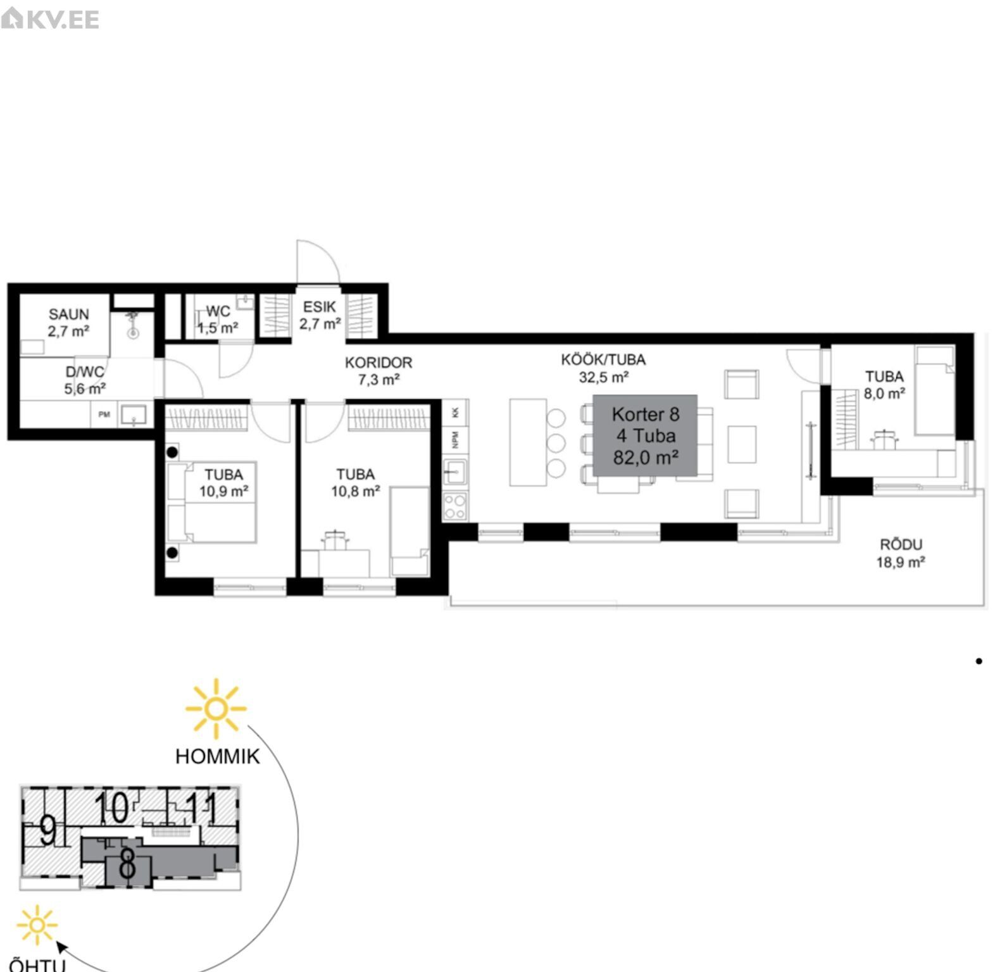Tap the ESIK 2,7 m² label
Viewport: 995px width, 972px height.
point(320,315)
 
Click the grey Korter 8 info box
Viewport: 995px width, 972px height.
point(645,435)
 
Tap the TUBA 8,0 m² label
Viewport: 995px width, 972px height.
point(884,385)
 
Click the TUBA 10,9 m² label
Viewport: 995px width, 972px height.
point(223,482)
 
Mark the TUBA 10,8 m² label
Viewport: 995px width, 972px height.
point(356,482)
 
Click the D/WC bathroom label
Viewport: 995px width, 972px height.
point(85,380)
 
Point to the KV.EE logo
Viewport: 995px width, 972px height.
point(50,19)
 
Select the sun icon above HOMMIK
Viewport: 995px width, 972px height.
point(216,709)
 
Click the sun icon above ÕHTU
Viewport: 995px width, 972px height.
point(37,925)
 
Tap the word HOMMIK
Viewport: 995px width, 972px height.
point(217,756)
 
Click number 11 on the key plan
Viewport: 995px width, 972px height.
point(201,808)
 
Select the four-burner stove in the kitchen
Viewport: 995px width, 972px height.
point(455,506)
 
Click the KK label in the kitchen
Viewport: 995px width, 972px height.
point(455,413)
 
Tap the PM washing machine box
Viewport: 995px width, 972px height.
point(104,414)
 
